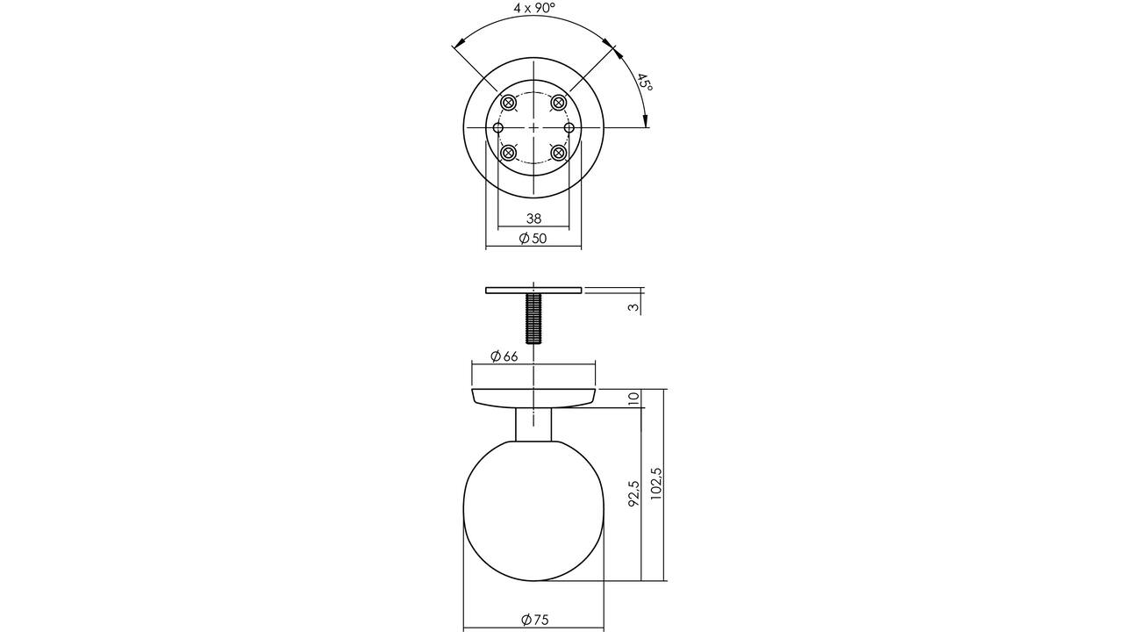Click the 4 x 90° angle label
click(534, 8)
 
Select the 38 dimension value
click(534, 219)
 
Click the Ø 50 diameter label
click(533, 238)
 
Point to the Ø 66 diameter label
click(504, 356)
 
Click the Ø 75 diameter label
click(535, 620)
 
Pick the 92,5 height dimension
click(634, 493)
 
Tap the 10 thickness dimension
click(634, 399)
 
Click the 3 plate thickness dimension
click(634, 307)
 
